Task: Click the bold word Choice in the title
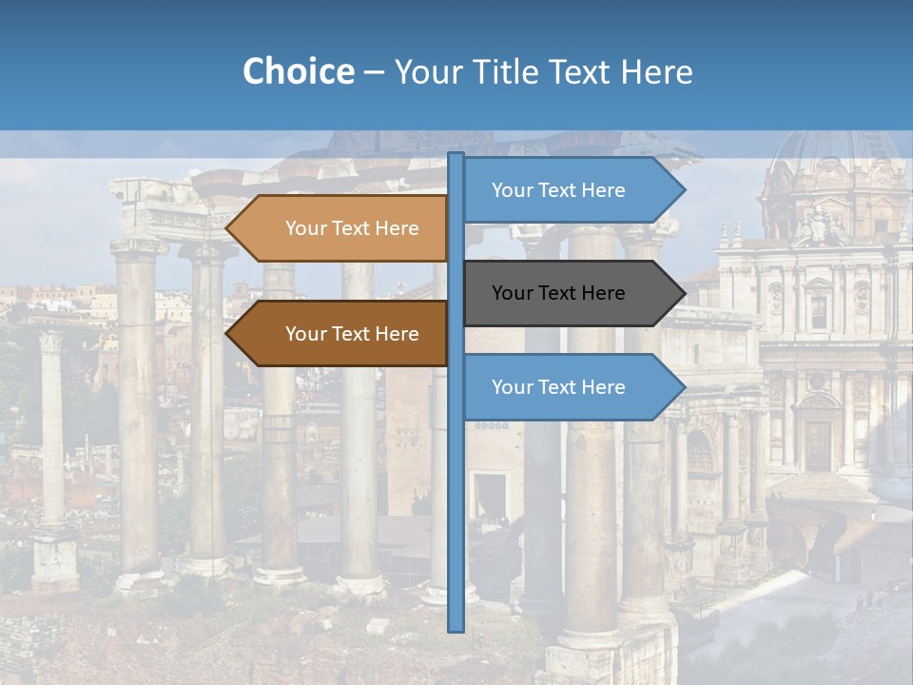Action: (298, 71)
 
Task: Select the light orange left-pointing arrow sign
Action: (338, 228)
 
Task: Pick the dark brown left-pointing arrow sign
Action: (338, 334)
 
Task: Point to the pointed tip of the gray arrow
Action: (684, 293)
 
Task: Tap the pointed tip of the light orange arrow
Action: (227, 228)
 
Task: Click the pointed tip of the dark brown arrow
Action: (227, 334)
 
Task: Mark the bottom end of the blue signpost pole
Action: (456, 629)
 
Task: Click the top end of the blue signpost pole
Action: (456, 155)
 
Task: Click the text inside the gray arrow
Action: (558, 293)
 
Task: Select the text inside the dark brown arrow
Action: (352, 334)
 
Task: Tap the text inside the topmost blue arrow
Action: (558, 190)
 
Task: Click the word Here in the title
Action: (656, 72)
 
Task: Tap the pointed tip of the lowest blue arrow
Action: (684, 387)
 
